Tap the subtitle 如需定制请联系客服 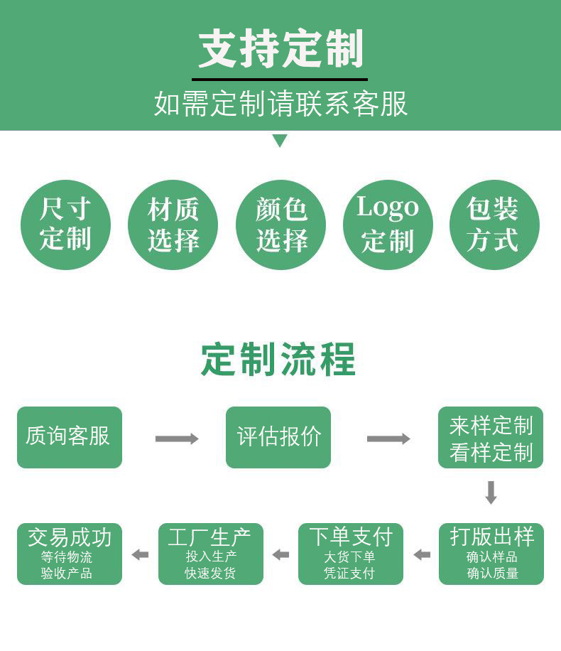click(x=280, y=104)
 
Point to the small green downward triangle click(x=280, y=141)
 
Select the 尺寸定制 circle click(x=65, y=225)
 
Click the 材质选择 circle click(x=173, y=225)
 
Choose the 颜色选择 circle click(x=280, y=225)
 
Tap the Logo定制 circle click(x=388, y=225)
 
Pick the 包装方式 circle click(x=494, y=225)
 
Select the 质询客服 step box click(x=70, y=437)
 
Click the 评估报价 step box click(x=278, y=437)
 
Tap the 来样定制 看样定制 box click(x=491, y=437)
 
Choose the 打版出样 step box click(x=491, y=554)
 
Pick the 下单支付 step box click(x=351, y=554)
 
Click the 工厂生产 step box click(x=210, y=554)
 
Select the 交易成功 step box click(x=70, y=554)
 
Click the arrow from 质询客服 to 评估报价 click(x=177, y=439)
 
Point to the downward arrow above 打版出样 click(x=491, y=493)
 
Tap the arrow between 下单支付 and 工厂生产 click(x=280, y=554)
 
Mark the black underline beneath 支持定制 click(x=280, y=79)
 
